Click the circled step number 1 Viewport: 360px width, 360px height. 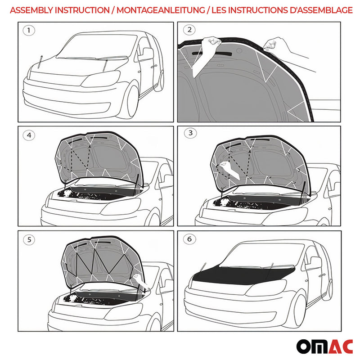30,31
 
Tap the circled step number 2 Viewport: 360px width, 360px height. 189,30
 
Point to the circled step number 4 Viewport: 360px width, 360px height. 30,134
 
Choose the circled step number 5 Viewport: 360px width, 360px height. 30,239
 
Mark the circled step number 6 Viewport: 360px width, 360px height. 189,239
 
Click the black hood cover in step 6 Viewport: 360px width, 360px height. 238,272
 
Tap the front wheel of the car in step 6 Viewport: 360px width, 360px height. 297,310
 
